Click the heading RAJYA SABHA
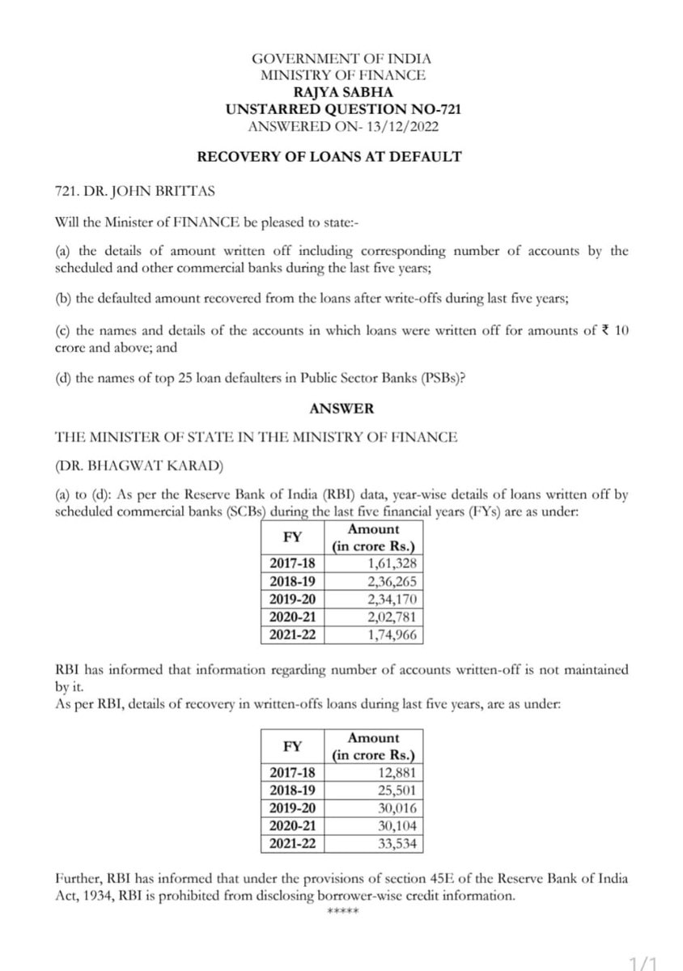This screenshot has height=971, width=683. (341, 92)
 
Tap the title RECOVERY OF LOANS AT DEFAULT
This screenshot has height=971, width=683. (341, 156)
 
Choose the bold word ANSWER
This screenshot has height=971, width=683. (341, 409)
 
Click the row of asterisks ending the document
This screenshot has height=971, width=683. (341, 913)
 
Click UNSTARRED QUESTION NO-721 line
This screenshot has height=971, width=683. (341, 108)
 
